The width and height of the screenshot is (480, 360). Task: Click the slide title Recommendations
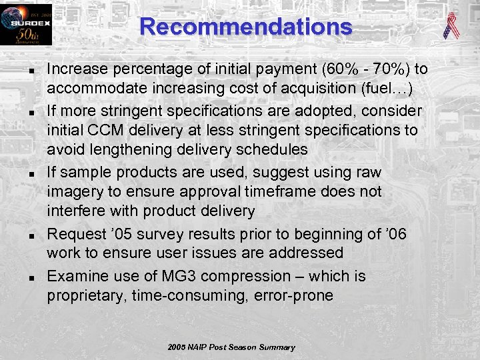(x=246, y=27)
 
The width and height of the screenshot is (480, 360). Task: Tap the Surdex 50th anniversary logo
(x=25, y=25)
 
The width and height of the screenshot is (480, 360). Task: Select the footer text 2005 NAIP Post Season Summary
(x=231, y=347)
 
